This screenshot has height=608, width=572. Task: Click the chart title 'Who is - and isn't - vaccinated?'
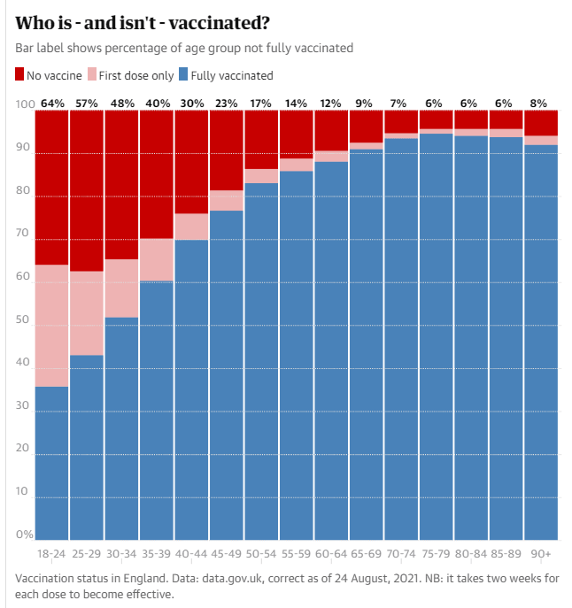pyautogui.click(x=143, y=21)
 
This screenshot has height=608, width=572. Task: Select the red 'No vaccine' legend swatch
pyautogui.click(x=20, y=75)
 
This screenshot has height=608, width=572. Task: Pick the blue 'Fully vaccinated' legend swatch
pyautogui.click(x=184, y=75)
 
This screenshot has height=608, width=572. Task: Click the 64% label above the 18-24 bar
pyautogui.click(x=52, y=104)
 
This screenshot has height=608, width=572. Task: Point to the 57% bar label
pyautogui.click(x=87, y=104)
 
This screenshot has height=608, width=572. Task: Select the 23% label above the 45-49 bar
pyautogui.click(x=227, y=104)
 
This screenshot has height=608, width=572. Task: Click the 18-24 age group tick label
pyautogui.click(x=52, y=553)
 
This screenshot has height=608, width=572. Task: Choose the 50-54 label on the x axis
pyautogui.click(x=261, y=553)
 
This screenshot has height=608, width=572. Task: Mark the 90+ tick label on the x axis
pyautogui.click(x=541, y=553)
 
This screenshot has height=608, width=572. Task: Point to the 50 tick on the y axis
pyautogui.click(x=25, y=326)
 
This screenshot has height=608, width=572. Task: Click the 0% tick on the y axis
pyautogui.click(x=25, y=535)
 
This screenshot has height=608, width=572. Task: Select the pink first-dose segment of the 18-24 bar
pyautogui.click(x=52, y=326)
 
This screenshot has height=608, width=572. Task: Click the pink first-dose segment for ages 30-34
pyautogui.click(x=122, y=288)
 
